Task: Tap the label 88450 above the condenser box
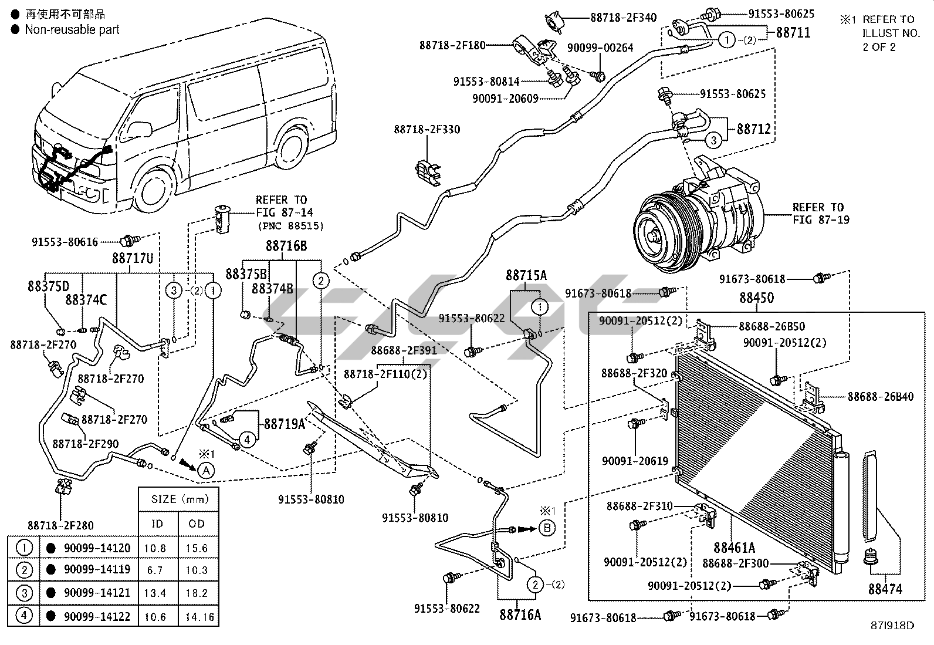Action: click(x=756, y=298)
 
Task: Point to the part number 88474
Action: click(x=885, y=589)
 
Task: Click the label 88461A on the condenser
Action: click(x=734, y=548)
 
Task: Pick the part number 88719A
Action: click(x=285, y=424)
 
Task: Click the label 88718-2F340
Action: click(x=623, y=18)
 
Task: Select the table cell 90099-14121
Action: click(x=97, y=593)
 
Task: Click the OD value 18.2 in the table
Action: click(x=197, y=593)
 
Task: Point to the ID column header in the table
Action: click(x=157, y=524)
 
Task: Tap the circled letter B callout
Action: click(x=547, y=528)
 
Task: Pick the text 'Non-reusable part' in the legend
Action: click(x=72, y=29)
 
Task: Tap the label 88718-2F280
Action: click(x=60, y=525)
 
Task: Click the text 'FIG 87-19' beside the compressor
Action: click(x=821, y=220)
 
